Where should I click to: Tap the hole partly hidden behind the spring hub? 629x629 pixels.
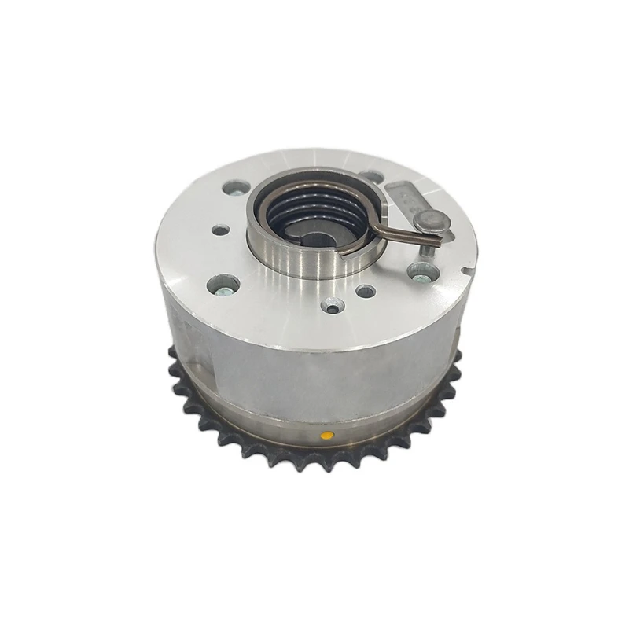(370, 178)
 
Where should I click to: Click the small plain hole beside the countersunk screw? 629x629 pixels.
(364, 290)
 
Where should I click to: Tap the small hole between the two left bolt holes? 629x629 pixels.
(221, 230)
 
